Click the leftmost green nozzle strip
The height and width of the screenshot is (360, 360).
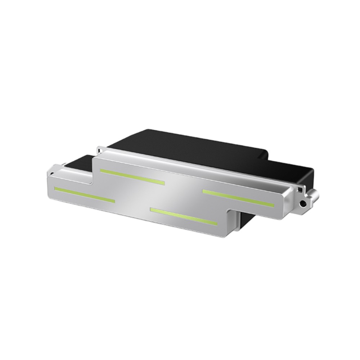coord(84,194)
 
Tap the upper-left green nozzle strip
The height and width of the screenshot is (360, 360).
coord(132,176)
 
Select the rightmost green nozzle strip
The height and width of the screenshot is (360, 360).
coord(238,198)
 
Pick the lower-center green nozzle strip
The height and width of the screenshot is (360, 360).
coord(184,217)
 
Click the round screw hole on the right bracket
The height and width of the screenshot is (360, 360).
coord(303,204)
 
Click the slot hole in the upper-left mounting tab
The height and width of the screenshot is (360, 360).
coord(100,148)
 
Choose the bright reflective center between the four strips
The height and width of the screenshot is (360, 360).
coord(173,196)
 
